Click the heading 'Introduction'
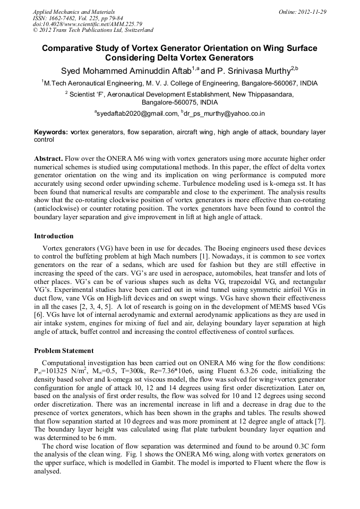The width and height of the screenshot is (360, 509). [54, 236]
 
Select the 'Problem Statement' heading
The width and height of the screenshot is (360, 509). [64, 351]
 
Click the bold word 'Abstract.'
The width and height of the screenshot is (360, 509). [49, 159]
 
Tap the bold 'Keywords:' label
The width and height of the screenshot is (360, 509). [51, 132]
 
